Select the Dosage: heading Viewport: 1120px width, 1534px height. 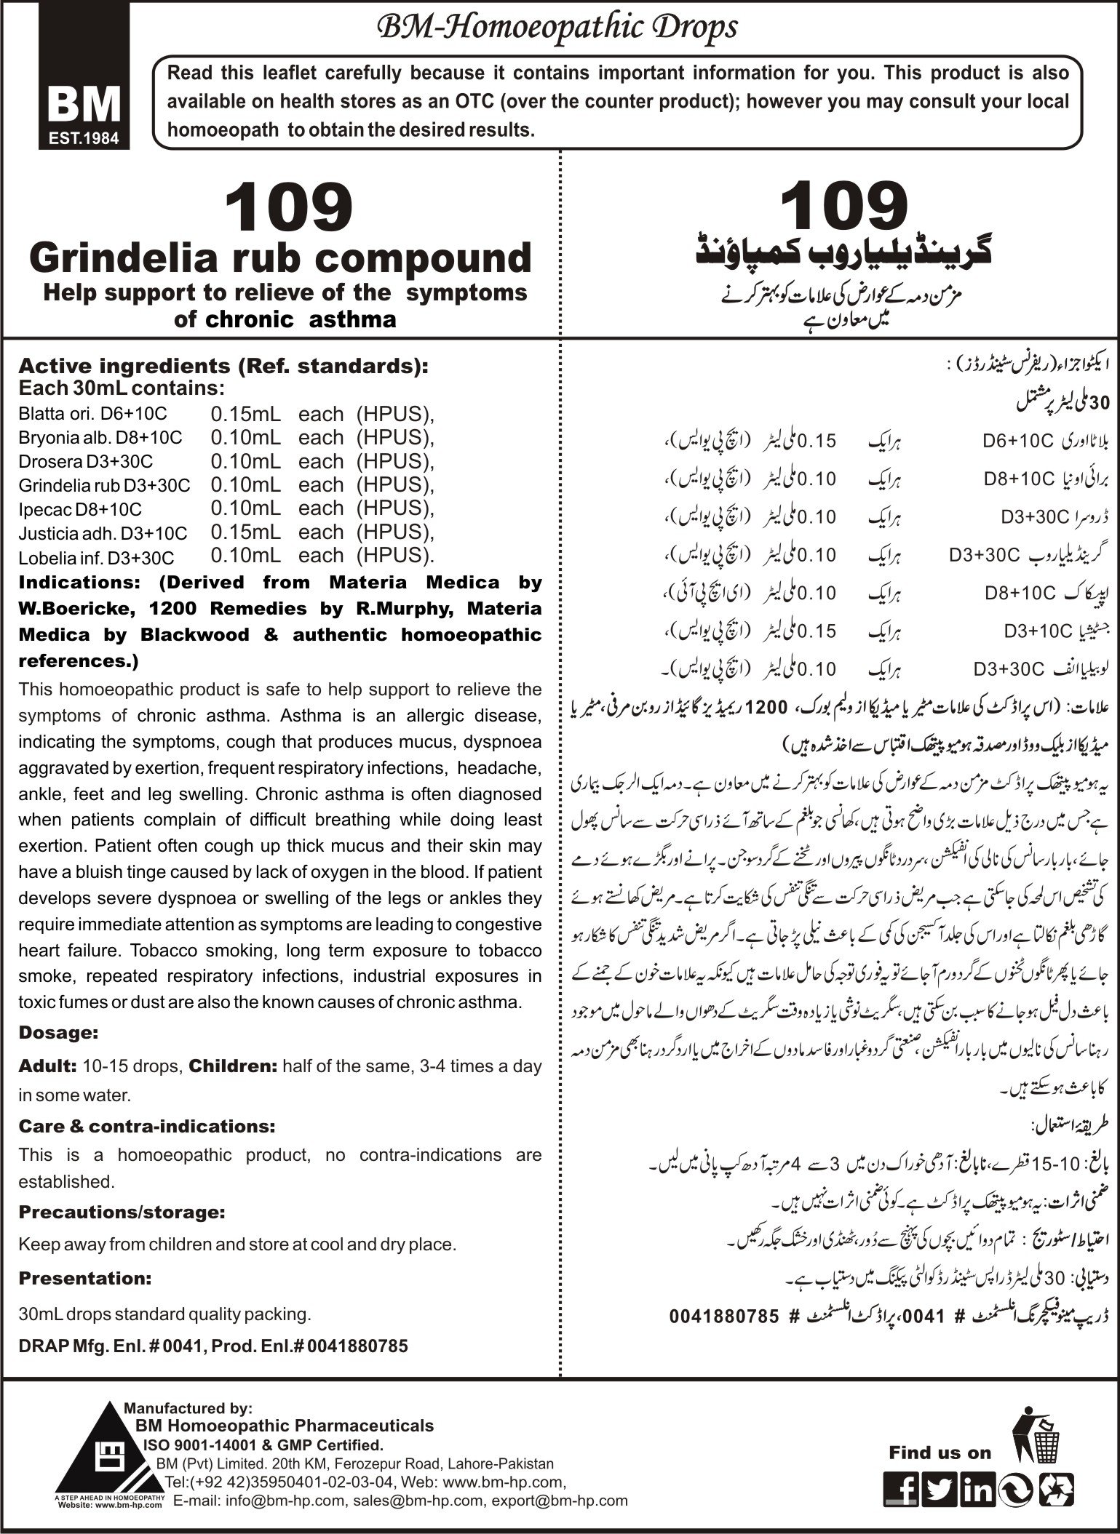pos(58,1032)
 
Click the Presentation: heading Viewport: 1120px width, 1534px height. pos(85,1278)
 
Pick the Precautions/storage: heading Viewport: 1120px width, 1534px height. pos(122,1213)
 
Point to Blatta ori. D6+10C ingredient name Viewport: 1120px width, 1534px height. pos(92,414)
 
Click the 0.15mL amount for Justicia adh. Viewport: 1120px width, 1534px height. pos(245,532)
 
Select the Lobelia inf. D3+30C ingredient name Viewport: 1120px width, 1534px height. pos(96,558)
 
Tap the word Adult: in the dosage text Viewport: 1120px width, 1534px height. pos(47,1066)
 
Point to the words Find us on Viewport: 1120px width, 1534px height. pos(940,1453)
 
